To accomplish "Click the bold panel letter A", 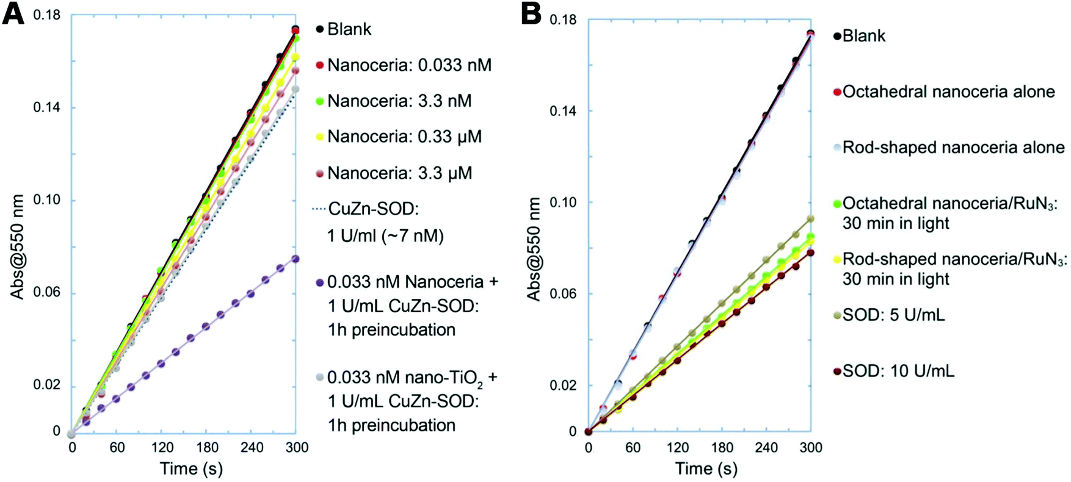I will tap(13, 13).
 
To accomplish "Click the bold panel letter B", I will tap(531, 13).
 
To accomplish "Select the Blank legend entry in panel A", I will tap(349, 29).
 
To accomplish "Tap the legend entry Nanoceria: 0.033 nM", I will tap(408, 65).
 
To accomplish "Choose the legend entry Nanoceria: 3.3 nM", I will tap(399, 101).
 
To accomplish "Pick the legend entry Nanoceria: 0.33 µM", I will tap(404, 137).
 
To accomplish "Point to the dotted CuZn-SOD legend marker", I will tap(319, 209).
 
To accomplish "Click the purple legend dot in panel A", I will tap(319, 282).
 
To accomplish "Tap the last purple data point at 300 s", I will tap(296, 259).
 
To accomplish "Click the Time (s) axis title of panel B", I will tap(706, 469).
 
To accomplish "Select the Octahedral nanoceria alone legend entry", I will tap(948, 92).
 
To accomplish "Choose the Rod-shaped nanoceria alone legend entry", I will tap(953, 148).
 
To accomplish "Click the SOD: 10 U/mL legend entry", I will tap(898, 371).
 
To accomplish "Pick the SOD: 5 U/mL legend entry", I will tap(893, 315).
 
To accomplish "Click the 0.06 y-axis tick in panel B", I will tap(564, 293).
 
